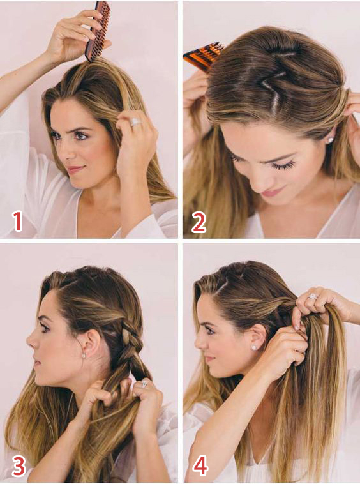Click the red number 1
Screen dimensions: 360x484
pos(18,220)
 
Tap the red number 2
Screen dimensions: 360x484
pos(199,222)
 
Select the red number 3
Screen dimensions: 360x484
pos(19,466)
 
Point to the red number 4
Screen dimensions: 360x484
pos(200,465)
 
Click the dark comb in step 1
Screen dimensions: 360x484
pos(98,30)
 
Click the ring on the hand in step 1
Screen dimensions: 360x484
pos(135,122)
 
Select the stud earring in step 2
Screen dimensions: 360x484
pos(330,140)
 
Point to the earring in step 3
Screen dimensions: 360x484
pos(84,355)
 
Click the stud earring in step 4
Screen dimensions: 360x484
pos(254,347)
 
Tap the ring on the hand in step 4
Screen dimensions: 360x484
pos(312,297)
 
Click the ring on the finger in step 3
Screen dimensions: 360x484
pos(144,384)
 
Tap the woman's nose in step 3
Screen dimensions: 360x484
pos(31,342)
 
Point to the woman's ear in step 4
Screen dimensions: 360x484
pos(258,337)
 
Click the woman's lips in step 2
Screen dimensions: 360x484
pos(269,193)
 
